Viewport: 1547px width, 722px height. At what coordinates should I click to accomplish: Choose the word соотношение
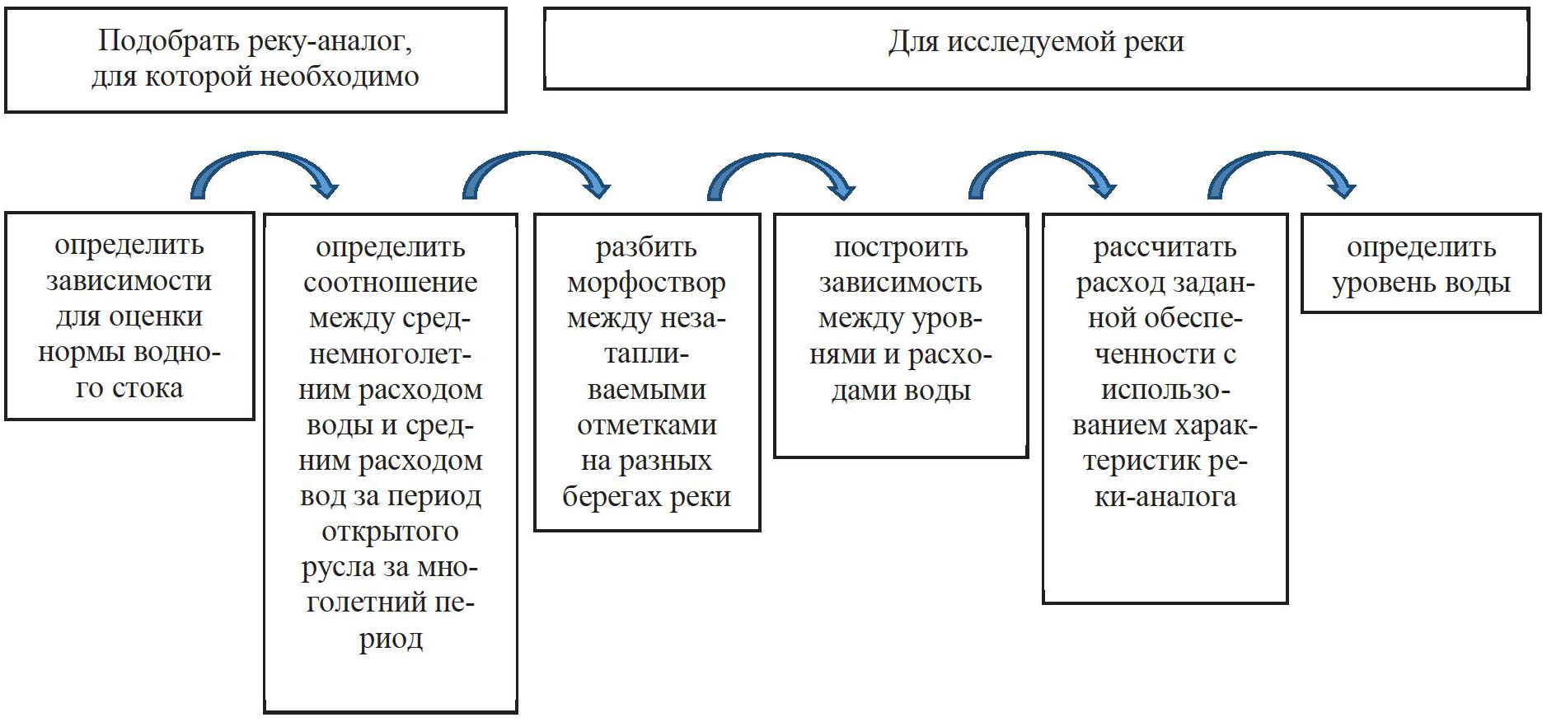(x=390, y=283)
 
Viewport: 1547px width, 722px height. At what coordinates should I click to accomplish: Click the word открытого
(x=390, y=532)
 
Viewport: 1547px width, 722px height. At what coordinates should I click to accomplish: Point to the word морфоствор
(x=646, y=283)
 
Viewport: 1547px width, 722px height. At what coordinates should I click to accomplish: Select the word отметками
(x=646, y=425)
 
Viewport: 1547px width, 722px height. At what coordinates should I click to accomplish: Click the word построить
(x=901, y=247)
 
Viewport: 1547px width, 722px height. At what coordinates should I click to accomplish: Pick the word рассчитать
(x=1165, y=247)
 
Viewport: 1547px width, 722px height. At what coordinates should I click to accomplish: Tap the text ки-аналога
(x=1165, y=496)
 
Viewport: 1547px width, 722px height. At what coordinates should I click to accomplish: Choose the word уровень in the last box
(x=1379, y=283)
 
